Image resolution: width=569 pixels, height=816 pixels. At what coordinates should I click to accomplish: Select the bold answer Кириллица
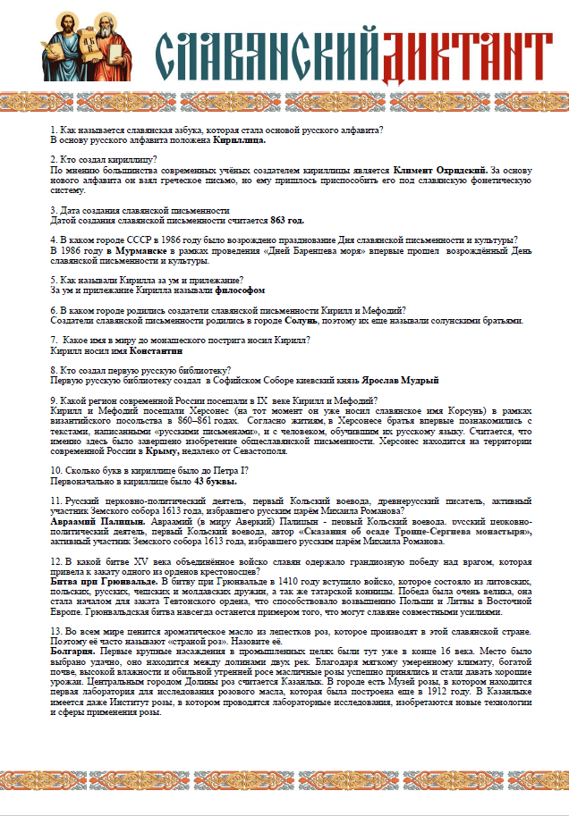(x=239, y=140)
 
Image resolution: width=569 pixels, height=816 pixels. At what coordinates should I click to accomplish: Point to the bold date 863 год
(x=287, y=220)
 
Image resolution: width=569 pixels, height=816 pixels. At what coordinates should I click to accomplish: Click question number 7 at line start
(x=55, y=340)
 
